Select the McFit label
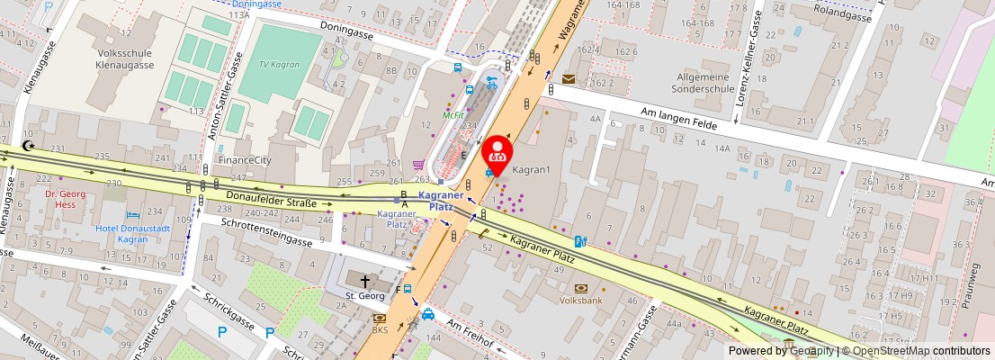453,115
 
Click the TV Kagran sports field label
280,65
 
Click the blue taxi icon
429,315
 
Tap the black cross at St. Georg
364,282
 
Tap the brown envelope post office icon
569,79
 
